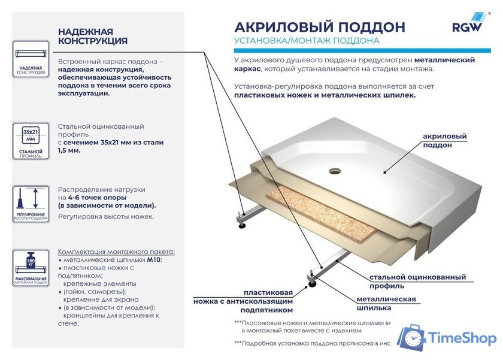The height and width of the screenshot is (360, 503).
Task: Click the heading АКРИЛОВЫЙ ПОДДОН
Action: [319, 27]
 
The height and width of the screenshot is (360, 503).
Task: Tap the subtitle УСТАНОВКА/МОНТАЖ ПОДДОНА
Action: [307, 41]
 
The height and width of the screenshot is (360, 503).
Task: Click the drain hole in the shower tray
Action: [334, 170]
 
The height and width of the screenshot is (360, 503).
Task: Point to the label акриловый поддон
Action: [444, 141]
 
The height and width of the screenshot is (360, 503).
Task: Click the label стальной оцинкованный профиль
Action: [417, 282]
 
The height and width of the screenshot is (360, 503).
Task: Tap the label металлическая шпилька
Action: [386, 303]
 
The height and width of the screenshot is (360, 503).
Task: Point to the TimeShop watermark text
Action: [463, 338]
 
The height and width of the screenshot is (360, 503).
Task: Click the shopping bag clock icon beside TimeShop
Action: [411, 338]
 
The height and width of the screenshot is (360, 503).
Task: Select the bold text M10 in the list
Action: [153, 259]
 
